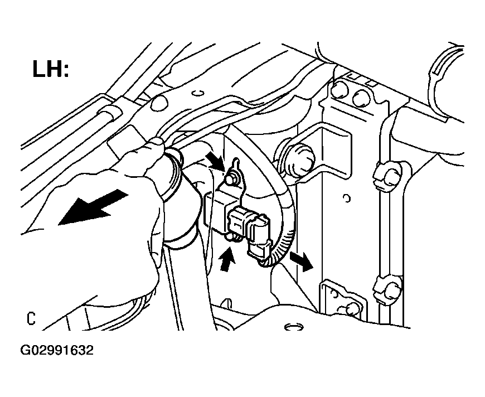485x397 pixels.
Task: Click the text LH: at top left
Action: (50, 69)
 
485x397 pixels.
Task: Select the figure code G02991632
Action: (57, 351)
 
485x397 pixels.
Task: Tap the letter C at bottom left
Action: (31, 318)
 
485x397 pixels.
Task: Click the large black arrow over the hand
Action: (93, 207)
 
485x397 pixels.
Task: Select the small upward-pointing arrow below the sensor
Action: (227, 258)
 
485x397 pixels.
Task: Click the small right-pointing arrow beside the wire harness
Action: (302, 260)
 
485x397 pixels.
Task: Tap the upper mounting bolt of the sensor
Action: (231, 180)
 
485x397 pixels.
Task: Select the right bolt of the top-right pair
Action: (361, 98)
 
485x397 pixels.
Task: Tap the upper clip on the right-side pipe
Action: (389, 175)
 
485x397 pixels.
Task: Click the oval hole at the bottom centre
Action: (294, 327)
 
